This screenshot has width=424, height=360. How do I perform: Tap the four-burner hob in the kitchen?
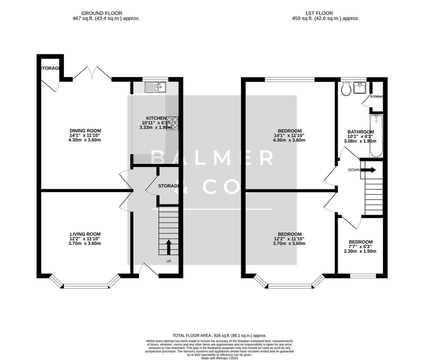(172, 123)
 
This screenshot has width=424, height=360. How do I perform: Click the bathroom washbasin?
(359, 88)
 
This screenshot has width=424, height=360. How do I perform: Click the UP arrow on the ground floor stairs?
(169, 247)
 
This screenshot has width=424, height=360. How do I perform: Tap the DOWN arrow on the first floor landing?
(368, 170)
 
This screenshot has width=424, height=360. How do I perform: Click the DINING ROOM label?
(85, 131)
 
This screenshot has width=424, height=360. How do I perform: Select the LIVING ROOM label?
(85, 234)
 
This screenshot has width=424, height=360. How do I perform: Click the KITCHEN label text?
(156, 118)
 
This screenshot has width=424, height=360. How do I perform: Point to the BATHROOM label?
(360, 132)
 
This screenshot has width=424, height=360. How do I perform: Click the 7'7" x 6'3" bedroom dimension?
(360, 247)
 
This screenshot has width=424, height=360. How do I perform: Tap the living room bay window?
(85, 285)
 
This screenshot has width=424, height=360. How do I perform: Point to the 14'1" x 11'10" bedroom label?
(289, 135)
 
